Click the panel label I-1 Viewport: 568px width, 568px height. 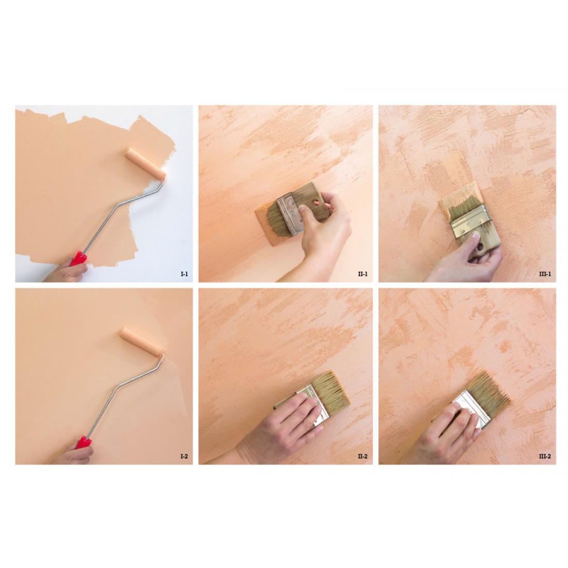[x=184, y=274]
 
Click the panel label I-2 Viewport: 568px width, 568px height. [x=184, y=456]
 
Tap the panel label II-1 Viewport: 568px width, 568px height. [x=362, y=274]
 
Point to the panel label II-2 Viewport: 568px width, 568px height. [x=362, y=456]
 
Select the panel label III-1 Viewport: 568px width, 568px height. [x=545, y=274]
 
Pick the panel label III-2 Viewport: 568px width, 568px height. [x=545, y=456]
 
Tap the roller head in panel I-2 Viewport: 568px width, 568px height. [x=141, y=342]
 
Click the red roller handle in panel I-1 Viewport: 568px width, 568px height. [x=78, y=259]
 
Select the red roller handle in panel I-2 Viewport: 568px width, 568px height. [x=83, y=443]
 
